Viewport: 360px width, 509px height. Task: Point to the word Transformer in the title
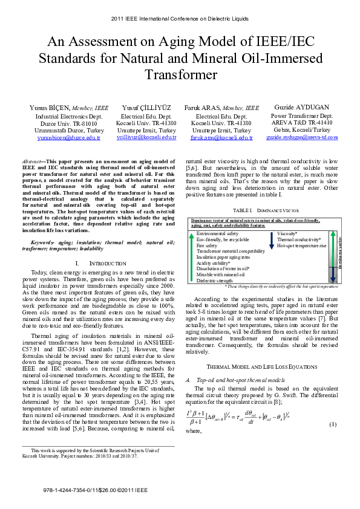pyautogui.click(x=180, y=75)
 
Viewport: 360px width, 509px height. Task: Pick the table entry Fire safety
pyautogui.click(x=207, y=246)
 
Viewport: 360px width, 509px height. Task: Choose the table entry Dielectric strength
pyautogui.click(x=215, y=280)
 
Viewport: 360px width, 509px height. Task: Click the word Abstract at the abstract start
pyautogui.click(x=31, y=162)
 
